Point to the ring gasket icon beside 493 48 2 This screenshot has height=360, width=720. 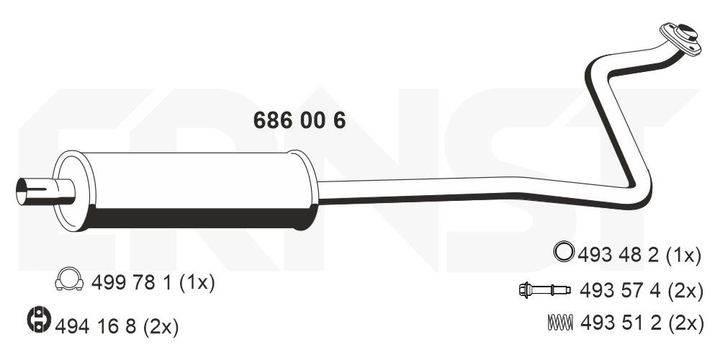[563, 252]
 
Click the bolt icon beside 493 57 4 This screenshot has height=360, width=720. [544, 290]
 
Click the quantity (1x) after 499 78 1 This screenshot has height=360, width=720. [197, 283]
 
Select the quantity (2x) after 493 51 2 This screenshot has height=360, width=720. [685, 324]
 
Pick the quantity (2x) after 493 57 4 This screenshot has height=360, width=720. [685, 290]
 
